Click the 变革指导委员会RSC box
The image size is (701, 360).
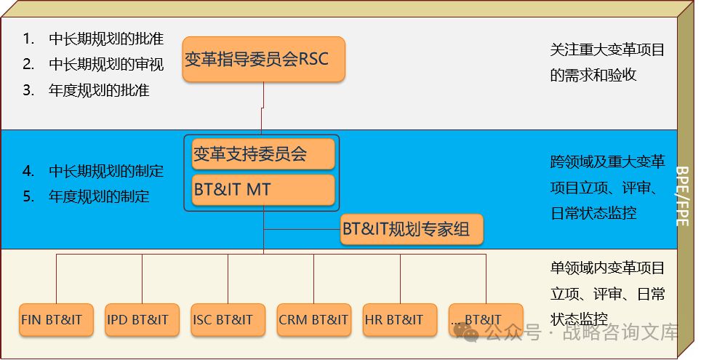pyautogui.click(x=263, y=59)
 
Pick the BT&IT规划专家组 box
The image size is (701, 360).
pyautogui.click(x=412, y=231)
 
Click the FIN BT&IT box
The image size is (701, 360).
pyautogui.click(x=56, y=320)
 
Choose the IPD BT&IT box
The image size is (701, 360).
pyautogui.click(x=142, y=320)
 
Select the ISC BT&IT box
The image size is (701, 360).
pyautogui.click(x=228, y=320)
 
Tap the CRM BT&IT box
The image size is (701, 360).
pyautogui.click(x=313, y=320)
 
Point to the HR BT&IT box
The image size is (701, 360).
pyautogui.click(x=399, y=320)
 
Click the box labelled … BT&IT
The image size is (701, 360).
pyautogui.click(x=485, y=320)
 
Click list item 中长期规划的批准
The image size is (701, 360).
pyautogui.click(x=106, y=39)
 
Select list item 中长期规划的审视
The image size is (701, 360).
pyautogui.click(x=106, y=65)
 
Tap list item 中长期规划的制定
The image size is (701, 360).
pyautogui.click(x=106, y=172)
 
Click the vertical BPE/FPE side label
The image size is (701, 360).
pyautogui.click(x=684, y=196)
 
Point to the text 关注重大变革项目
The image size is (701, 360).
pyautogui.click(x=607, y=51)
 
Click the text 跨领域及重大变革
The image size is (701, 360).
pyautogui.click(x=607, y=161)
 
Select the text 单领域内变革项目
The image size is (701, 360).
pyautogui.click(x=607, y=268)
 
